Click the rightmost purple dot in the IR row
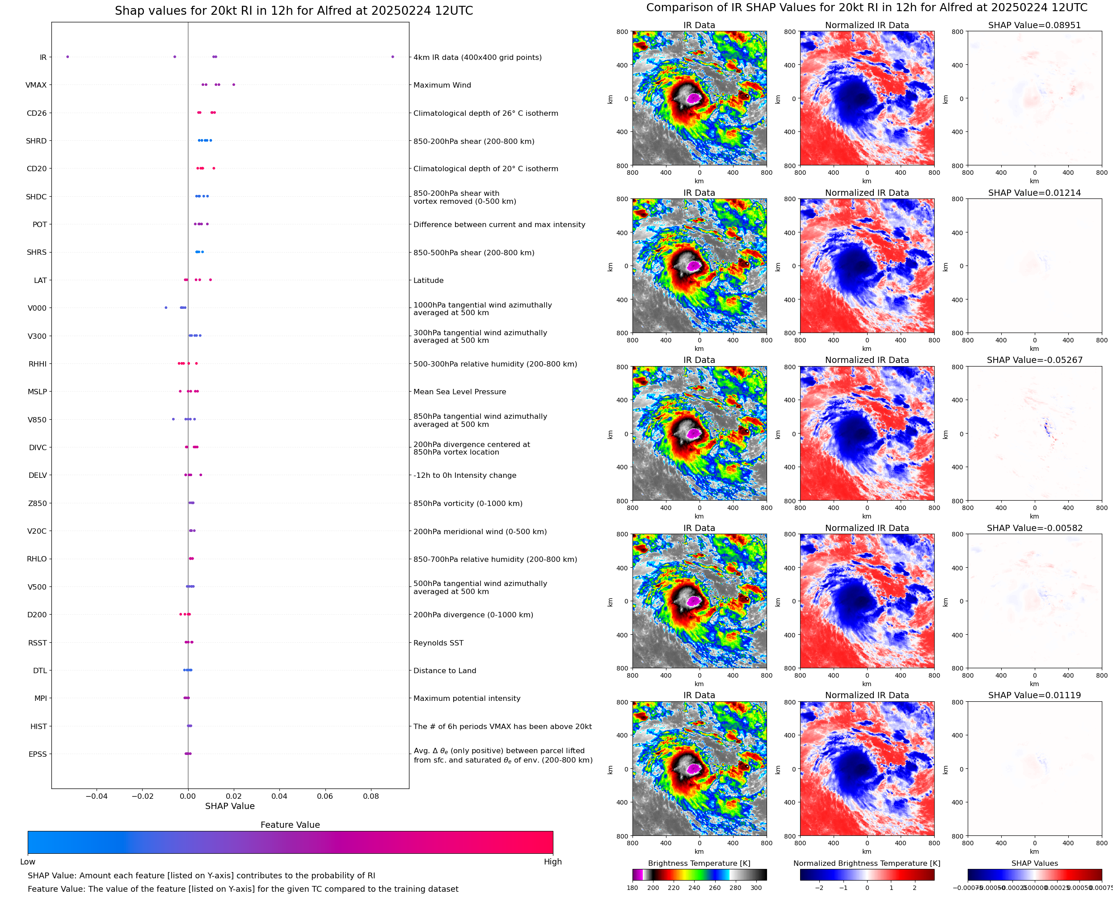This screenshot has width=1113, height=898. pyautogui.click(x=392, y=57)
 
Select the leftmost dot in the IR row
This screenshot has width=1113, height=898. pyautogui.click(x=68, y=57)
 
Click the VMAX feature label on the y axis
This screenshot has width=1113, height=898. pyautogui.click(x=36, y=85)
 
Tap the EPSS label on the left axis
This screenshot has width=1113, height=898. pyautogui.click(x=38, y=754)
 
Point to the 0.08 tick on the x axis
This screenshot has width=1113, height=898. pyautogui.click(x=371, y=796)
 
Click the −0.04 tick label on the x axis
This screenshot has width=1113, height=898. pyautogui.click(x=96, y=796)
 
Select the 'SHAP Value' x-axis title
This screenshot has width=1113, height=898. pyautogui.click(x=230, y=806)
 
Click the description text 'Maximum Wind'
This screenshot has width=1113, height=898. pyautogui.click(x=442, y=85)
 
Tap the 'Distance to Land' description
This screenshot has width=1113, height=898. pyautogui.click(x=445, y=671)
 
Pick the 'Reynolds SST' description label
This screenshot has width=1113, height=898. pyautogui.click(x=438, y=643)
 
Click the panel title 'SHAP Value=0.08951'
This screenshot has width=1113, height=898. pyautogui.click(x=1034, y=25)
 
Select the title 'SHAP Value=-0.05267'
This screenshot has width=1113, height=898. pyautogui.click(x=1034, y=360)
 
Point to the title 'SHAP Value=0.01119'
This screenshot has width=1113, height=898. pyautogui.click(x=1034, y=695)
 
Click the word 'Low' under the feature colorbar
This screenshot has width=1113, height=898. pyautogui.click(x=28, y=862)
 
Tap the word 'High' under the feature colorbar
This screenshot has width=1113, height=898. pyautogui.click(x=552, y=862)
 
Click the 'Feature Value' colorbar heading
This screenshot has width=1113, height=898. pyautogui.click(x=290, y=825)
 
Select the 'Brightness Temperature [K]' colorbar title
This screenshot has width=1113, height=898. pyautogui.click(x=699, y=863)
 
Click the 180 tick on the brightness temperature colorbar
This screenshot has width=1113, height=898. pyautogui.click(x=632, y=888)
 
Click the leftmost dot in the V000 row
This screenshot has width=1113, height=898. pyautogui.click(x=166, y=308)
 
